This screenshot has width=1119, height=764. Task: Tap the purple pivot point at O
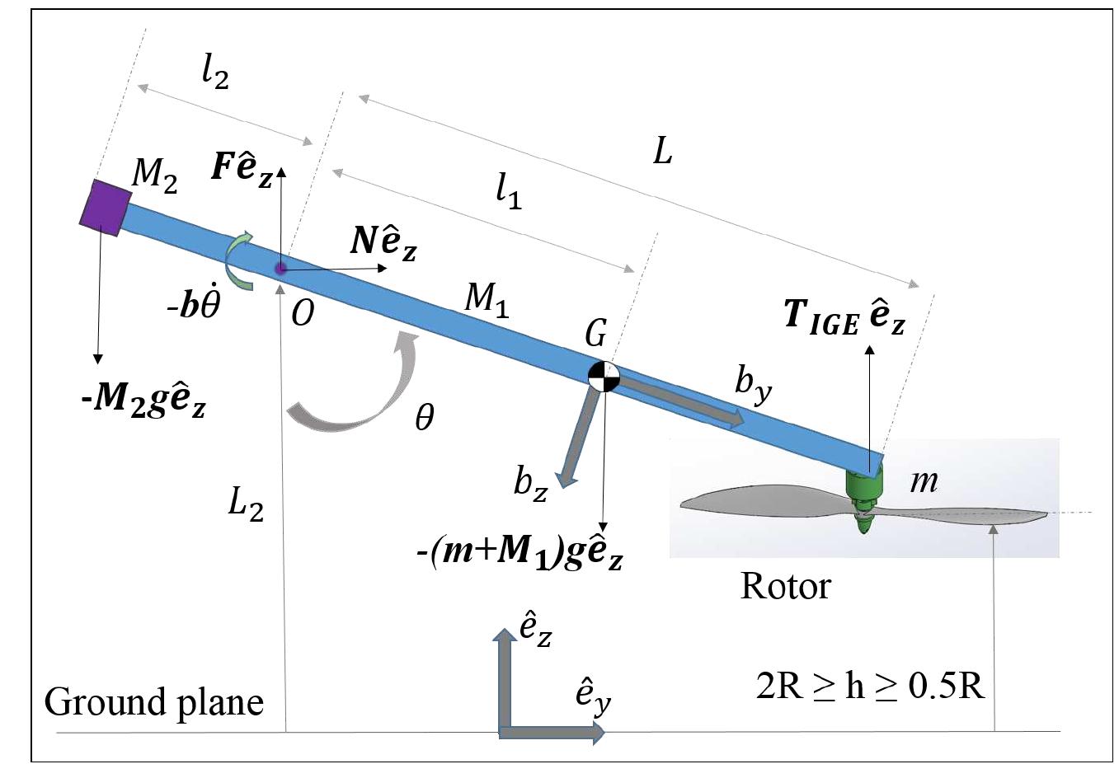point(280,268)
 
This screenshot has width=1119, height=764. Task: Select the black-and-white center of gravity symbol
point(604,376)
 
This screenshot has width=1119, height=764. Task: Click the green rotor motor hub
point(863,494)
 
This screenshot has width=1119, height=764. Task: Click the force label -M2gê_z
point(143,401)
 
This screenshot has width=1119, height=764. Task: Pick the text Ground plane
point(154,702)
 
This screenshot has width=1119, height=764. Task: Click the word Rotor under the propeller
point(785,586)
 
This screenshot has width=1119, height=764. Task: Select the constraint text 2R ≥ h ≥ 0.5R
point(870,686)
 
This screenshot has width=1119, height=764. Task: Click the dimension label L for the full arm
point(663,151)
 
